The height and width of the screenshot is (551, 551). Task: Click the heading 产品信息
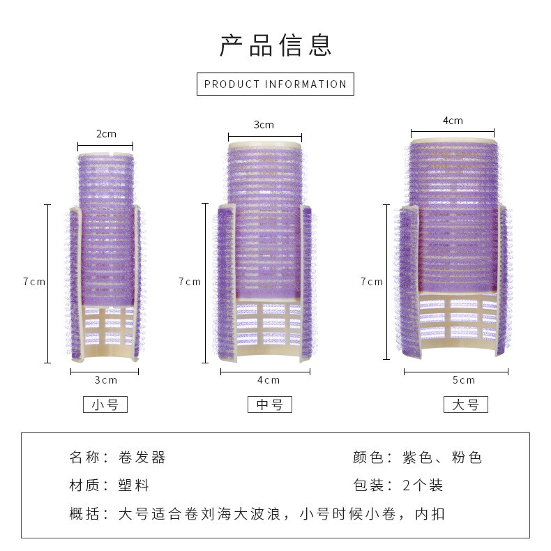[275, 44]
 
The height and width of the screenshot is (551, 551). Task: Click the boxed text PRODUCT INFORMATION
[275, 84]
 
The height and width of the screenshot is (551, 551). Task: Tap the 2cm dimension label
[106, 134]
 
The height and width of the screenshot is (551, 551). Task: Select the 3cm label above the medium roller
[264, 125]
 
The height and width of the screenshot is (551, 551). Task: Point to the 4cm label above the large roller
[453, 121]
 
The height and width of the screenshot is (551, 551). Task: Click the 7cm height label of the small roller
[33, 282]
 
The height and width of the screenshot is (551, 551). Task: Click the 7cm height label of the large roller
[372, 282]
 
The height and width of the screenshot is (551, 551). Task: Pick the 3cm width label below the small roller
[106, 380]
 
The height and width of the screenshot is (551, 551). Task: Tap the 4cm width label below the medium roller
[269, 380]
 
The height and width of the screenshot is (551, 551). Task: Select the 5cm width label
[464, 380]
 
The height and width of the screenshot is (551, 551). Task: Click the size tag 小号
[105, 405]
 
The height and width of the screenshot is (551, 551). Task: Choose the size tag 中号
[270, 405]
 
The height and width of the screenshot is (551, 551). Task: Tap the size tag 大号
[466, 405]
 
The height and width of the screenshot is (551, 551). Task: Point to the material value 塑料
[134, 485]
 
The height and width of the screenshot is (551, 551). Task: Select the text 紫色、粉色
[442, 458]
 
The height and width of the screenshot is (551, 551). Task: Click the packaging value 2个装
[423, 485]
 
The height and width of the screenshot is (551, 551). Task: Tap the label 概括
[84, 515]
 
